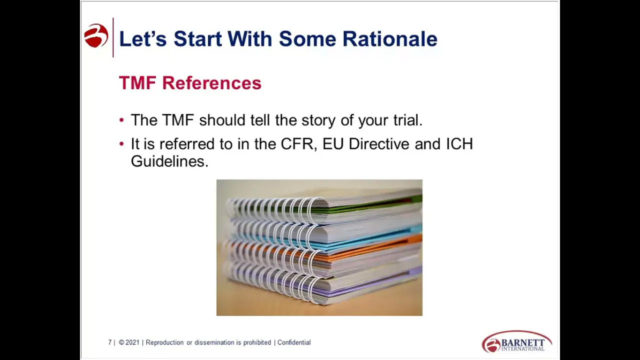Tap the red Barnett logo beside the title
tap(96, 36)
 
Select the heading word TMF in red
tap(137, 83)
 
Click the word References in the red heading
tap(211, 83)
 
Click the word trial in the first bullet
tap(407, 120)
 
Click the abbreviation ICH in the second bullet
tap(459, 144)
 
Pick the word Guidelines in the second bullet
tap(168, 161)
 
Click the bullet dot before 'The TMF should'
tap(122, 120)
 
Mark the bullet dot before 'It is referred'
tap(122, 144)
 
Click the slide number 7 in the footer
tap(109, 342)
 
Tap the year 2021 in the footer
tap(132, 342)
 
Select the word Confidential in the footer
tap(294, 342)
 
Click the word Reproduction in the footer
tap(164, 342)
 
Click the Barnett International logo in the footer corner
tap(516, 342)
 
